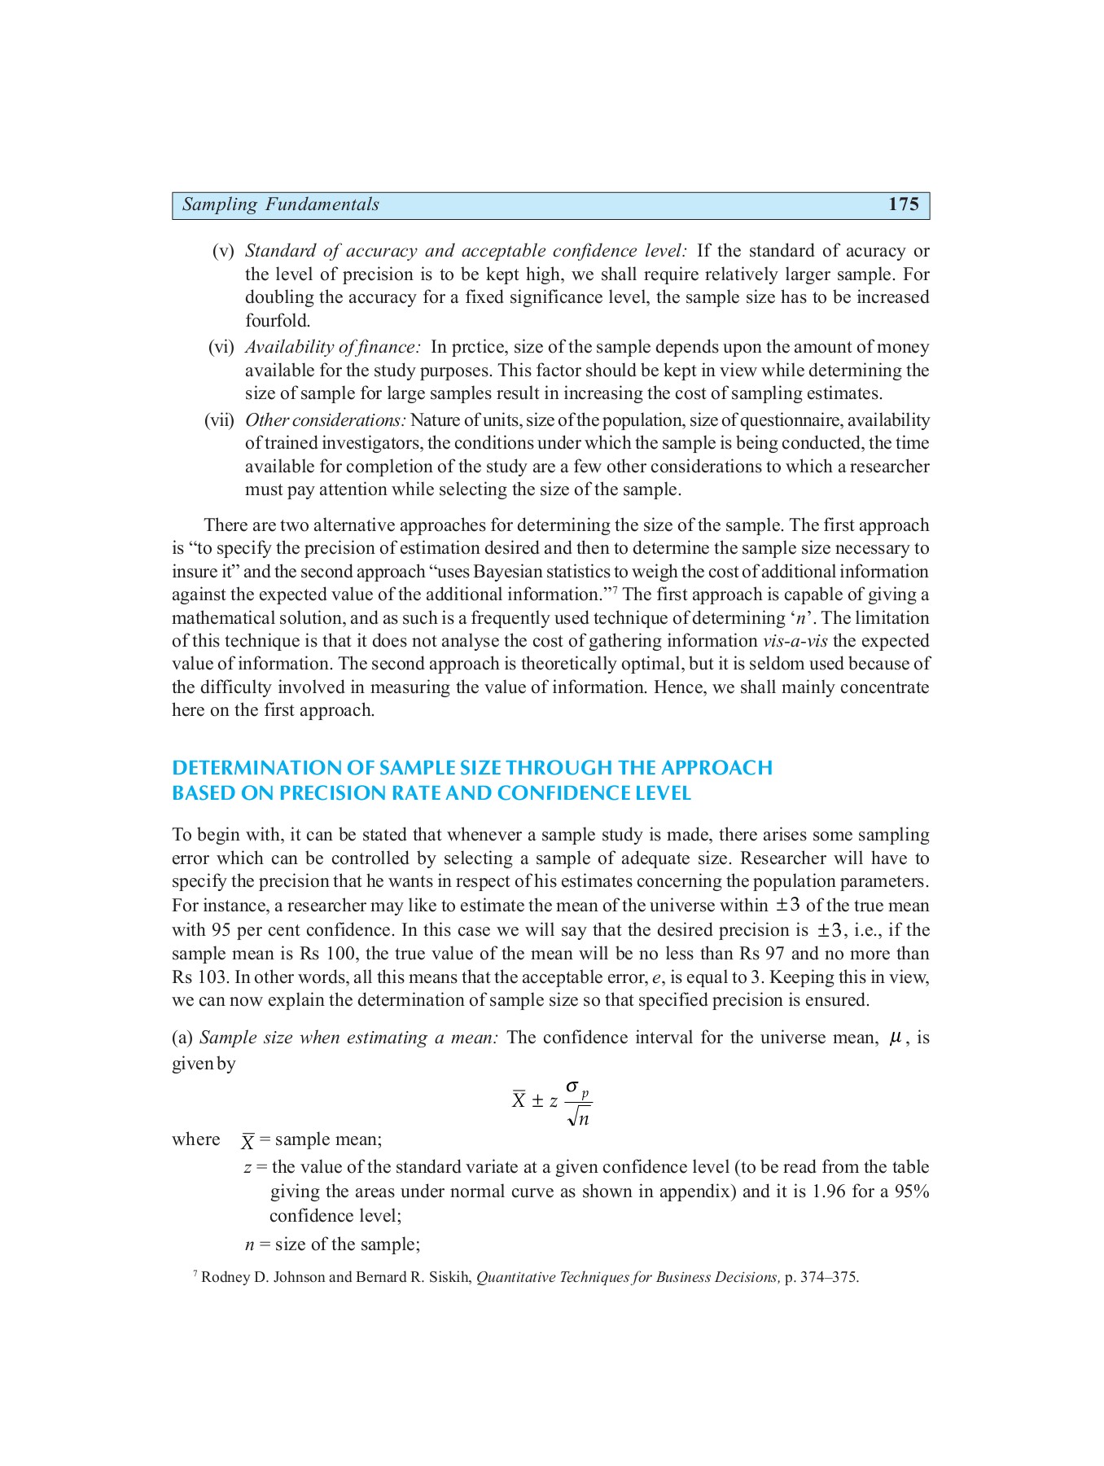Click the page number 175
click(x=903, y=204)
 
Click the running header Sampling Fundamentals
click(x=280, y=204)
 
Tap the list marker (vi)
click(x=221, y=347)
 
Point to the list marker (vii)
click(x=218, y=420)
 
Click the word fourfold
click(x=278, y=321)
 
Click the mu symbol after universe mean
click(x=896, y=1038)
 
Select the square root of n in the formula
click(x=579, y=1118)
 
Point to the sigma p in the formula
click(x=577, y=1089)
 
